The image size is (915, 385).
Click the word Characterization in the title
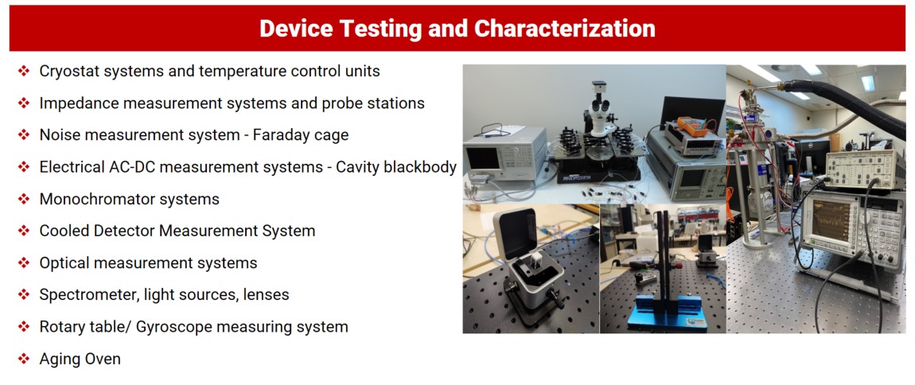click(565, 29)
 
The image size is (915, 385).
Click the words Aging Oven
click(80, 359)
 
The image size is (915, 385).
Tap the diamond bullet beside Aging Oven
click(23, 359)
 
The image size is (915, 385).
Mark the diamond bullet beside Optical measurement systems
click(23, 263)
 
